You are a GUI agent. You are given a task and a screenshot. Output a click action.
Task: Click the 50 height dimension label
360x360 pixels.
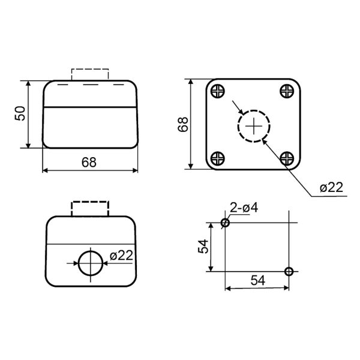pyautogui.click(x=20, y=113)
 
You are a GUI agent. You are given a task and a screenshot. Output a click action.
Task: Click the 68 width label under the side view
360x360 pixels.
pyautogui.click(x=89, y=163)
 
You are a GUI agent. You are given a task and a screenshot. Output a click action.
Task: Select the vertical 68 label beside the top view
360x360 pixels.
pyautogui.click(x=183, y=124)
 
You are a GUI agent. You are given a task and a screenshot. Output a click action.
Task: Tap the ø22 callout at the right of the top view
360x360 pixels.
pyautogui.click(x=331, y=187)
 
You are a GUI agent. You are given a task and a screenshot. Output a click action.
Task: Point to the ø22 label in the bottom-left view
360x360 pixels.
pyautogui.click(x=121, y=256)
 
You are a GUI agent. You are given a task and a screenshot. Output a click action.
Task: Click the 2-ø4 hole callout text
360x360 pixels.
pyautogui.click(x=244, y=208)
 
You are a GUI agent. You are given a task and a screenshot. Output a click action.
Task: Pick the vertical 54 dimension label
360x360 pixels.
pyautogui.click(x=203, y=247)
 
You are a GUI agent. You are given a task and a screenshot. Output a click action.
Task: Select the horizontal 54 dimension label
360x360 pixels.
pyautogui.click(x=257, y=280)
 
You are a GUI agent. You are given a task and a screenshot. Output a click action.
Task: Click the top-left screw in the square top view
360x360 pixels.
pyautogui.click(x=217, y=91)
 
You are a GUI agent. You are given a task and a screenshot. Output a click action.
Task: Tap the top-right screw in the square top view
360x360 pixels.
pyautogui.click(x=287, y=91)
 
